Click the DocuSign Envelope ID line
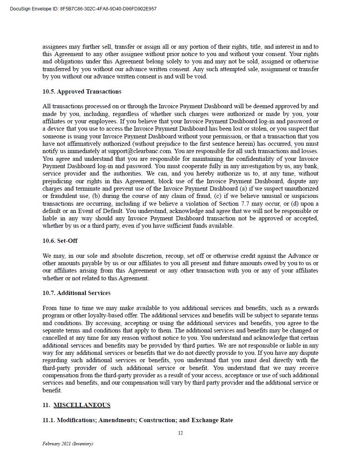(x=83, y=9)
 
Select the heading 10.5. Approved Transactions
(x=82, y=92)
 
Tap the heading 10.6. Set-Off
(x=60, y=241)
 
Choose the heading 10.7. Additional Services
(x=76, y=293)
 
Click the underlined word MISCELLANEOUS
(x=82, y=405)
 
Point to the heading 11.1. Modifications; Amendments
(x=138, y=420)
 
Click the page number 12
(x=180, y=433)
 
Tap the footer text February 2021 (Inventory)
(x=68, y=444)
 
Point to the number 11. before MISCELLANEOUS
(x=46, y=405)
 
